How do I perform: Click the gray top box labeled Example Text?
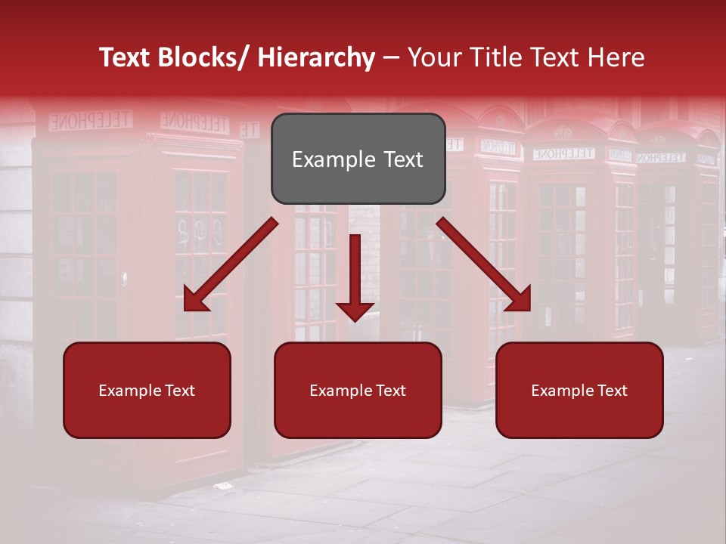click(358, 159)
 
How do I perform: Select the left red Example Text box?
click(147, 390)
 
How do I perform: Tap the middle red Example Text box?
click(358, 390)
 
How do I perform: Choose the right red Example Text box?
click(579, 390)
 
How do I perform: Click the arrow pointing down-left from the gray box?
click(230, 265)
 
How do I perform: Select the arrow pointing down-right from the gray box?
click(484, 265)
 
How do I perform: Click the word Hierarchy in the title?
click(316, 58)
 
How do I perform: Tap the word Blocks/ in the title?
click(207, 58)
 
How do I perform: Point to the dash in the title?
click(391, 58)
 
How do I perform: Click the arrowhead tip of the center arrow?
click(355, 320)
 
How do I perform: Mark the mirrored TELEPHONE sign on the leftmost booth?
click(90, 120)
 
